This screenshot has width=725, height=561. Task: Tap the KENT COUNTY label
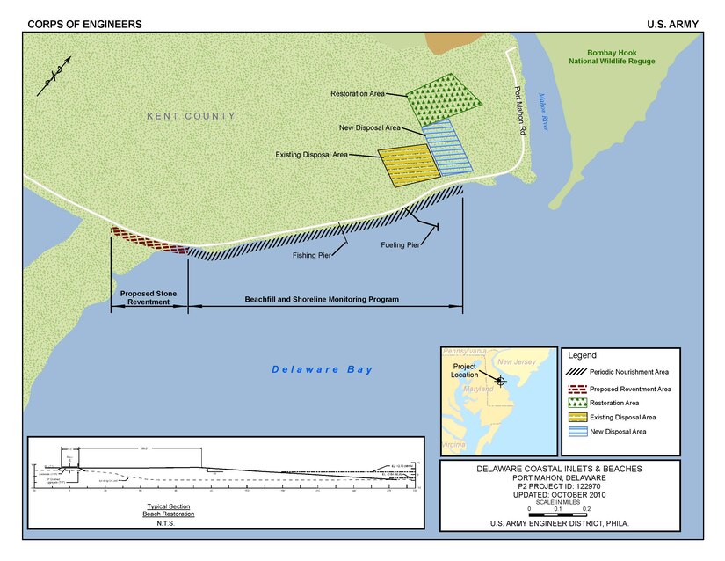click(192, 116)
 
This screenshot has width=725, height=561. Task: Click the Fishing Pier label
click(312, 256)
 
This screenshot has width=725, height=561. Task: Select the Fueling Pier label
click(400, 244)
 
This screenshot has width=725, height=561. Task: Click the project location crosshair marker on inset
click(500, 381)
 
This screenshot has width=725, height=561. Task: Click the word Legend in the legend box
click(582, 355)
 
